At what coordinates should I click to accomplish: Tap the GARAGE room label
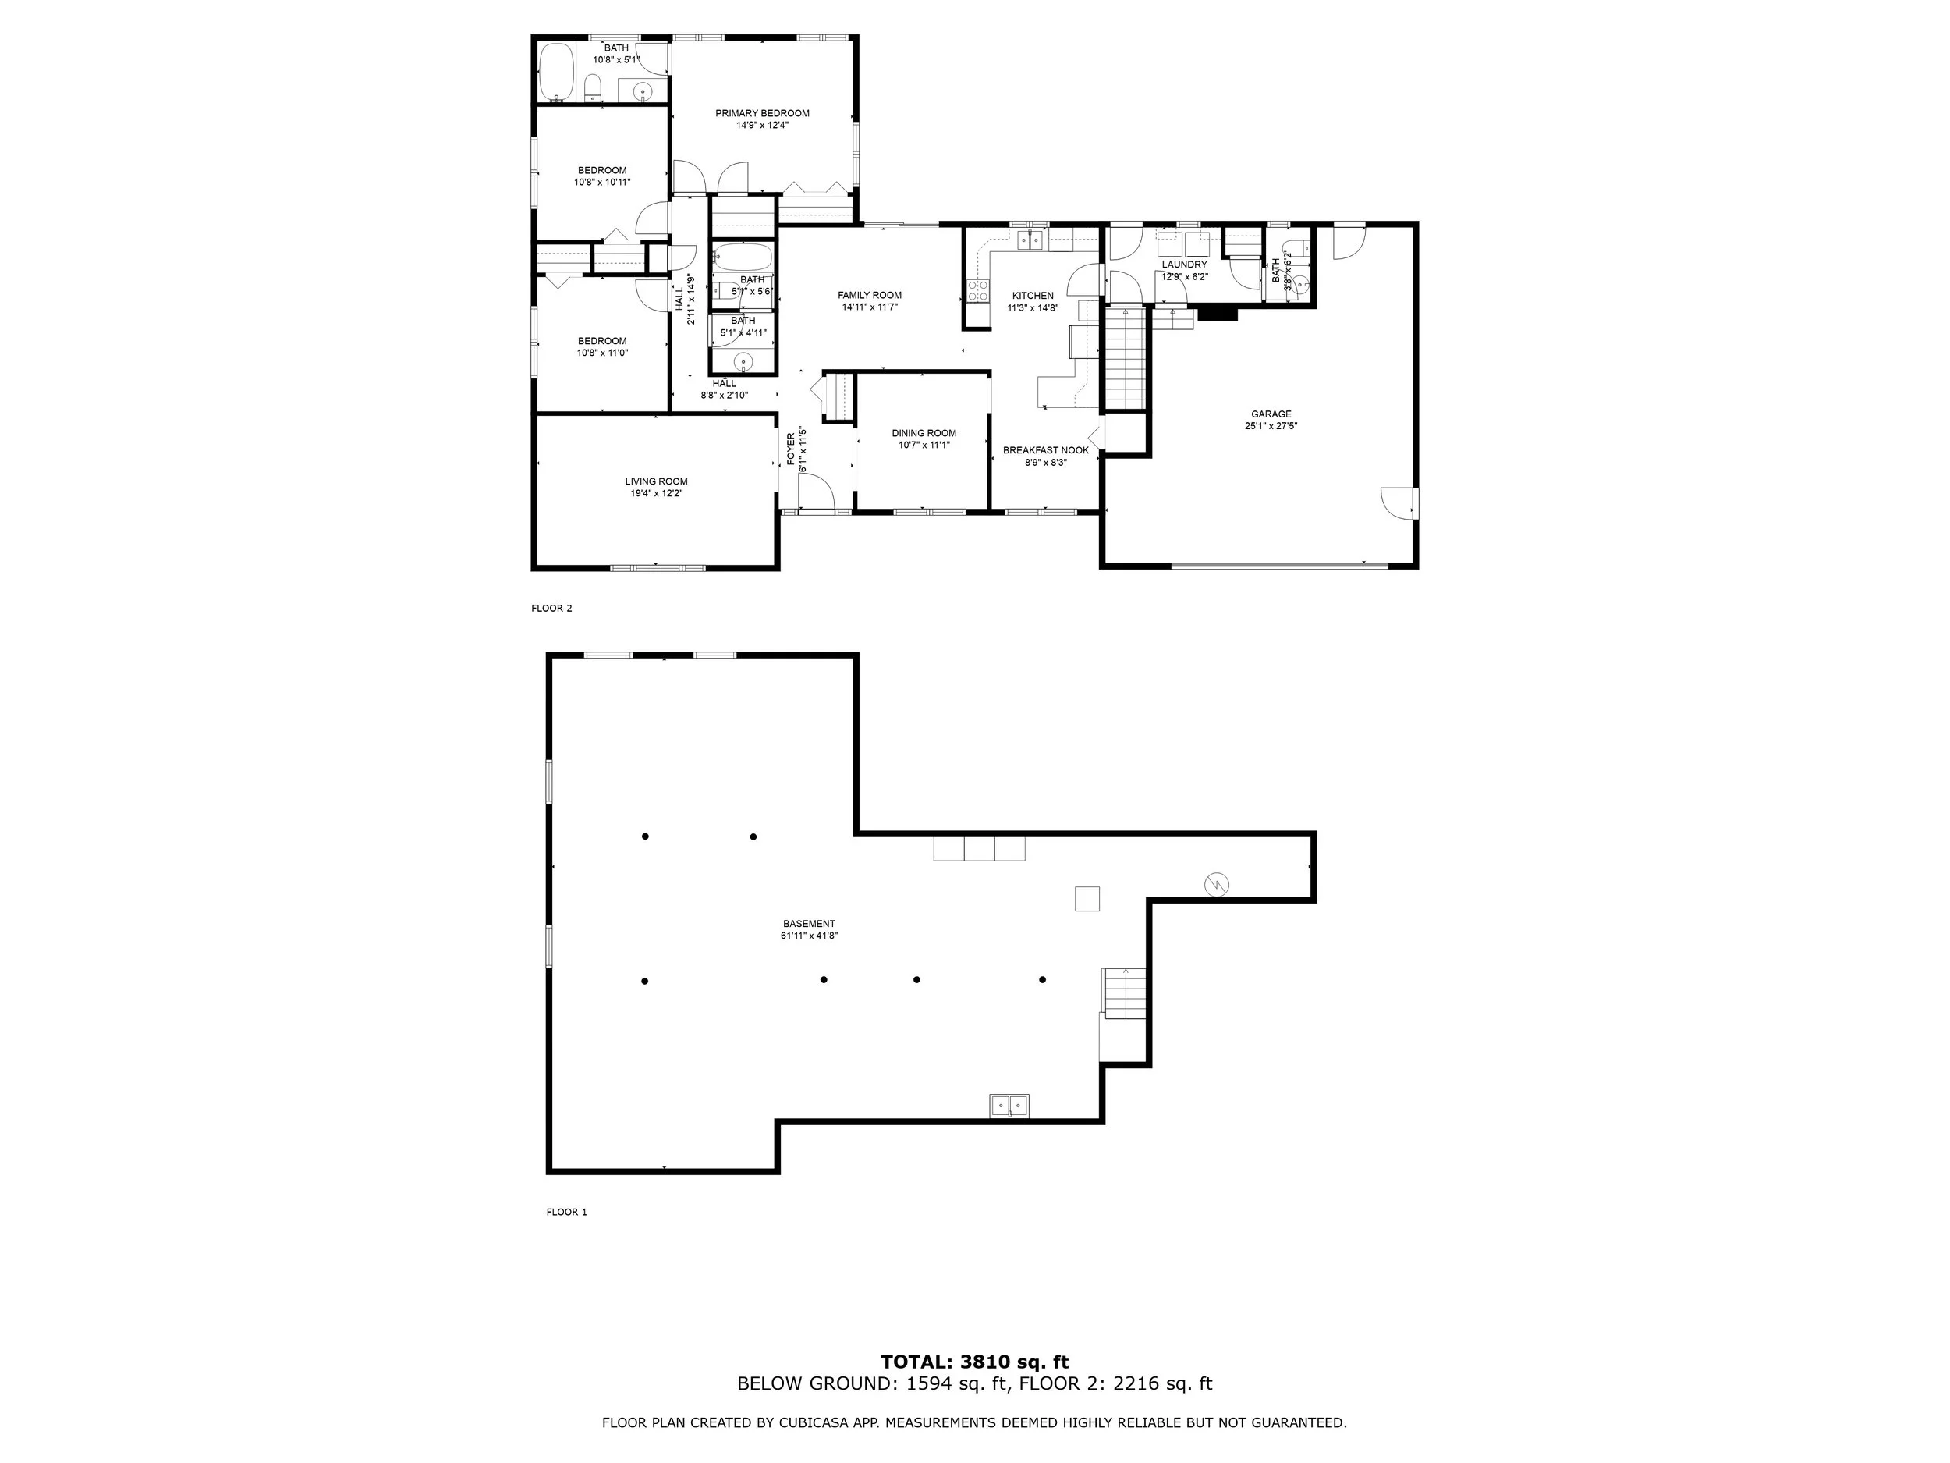[x=1271, y=414]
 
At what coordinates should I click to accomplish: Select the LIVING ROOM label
[x=656, y=481]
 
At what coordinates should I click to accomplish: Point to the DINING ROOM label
[x=924, y=433]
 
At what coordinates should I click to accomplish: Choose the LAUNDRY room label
[x=1184, y=265]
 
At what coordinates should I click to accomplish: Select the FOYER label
[x=791, y=449]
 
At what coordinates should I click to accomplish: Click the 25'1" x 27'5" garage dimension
[x=1271, y=426]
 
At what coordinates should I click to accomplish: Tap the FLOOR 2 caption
[x=552, y=609]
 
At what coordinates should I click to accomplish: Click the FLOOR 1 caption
[x=566, y=1212]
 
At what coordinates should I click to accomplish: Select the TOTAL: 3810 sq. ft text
[x=974, y=1362]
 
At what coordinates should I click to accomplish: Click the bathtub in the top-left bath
[x=556, y=73]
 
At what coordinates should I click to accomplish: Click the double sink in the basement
[x=1009, y=1105]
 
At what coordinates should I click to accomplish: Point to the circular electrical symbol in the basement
[x=1217, y=883]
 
